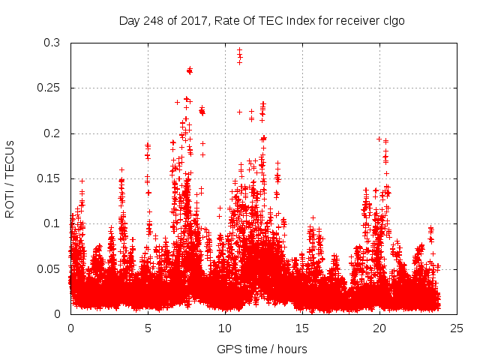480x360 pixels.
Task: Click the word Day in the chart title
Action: coord(129,20)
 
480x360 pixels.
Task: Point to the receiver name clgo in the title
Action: coord(392,20)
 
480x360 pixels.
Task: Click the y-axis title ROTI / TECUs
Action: coord(10,178)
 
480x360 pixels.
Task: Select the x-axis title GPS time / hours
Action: coord(262,349)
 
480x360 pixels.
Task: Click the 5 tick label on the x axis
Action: coord(148,328)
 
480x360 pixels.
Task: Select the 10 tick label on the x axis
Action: coord(225,328)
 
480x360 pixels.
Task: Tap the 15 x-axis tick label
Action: coord(302,328)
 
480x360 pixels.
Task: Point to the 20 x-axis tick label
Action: coord(379,328)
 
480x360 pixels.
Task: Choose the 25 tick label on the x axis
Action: coord(457,328)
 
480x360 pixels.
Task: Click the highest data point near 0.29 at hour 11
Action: coord(239,50)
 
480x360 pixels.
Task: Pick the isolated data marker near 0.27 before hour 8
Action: coord(190,70)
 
